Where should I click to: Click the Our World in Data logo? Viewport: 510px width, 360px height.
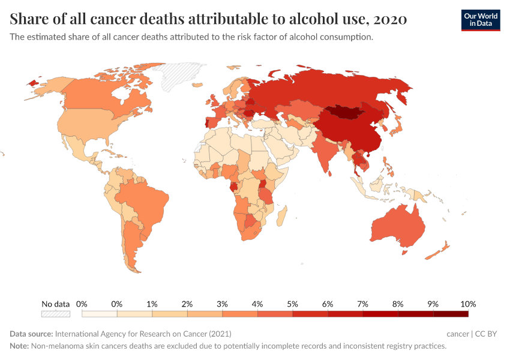(480, 20)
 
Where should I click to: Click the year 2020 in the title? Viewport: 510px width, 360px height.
(389, 19)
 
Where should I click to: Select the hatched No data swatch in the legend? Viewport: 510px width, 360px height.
(55, 313)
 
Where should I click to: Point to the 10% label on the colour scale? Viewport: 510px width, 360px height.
(467, 304)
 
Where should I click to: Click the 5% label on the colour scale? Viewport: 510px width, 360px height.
(292, 304)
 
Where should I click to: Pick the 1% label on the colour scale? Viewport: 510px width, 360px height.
(152, 304)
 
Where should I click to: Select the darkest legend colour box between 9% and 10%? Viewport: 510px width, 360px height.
(450, 313)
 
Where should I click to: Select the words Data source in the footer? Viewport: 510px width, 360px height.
(31, 334)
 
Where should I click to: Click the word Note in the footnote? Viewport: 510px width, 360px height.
(20, 346)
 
